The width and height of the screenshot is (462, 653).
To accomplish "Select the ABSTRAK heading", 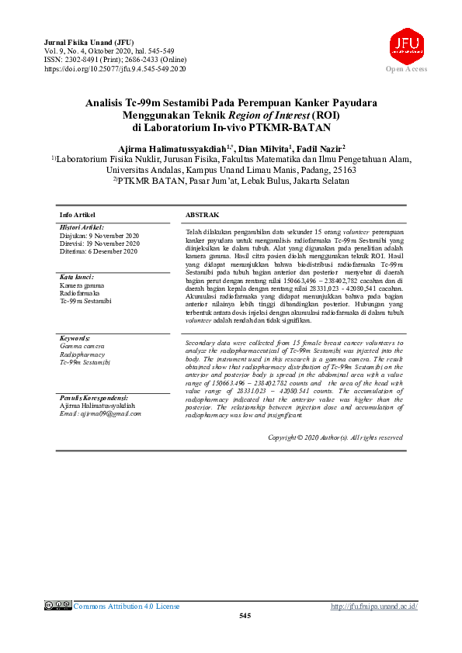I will tap(202, 214).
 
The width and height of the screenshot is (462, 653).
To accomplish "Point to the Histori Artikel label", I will tap(82, 227).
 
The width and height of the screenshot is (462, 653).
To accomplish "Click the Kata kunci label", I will tap(77, 277).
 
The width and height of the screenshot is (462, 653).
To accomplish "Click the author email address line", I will tap(100, 413).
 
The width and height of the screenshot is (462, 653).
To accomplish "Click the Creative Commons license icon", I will tap(57, 606).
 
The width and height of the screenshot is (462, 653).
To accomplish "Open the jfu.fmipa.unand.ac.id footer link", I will tap(374, 606).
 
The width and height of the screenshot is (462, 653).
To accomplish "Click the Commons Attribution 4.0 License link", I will tap(126, 606).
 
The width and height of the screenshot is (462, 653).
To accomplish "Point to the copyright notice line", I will tap(335, 437).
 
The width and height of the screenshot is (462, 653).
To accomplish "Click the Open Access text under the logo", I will tap(406, 70).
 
